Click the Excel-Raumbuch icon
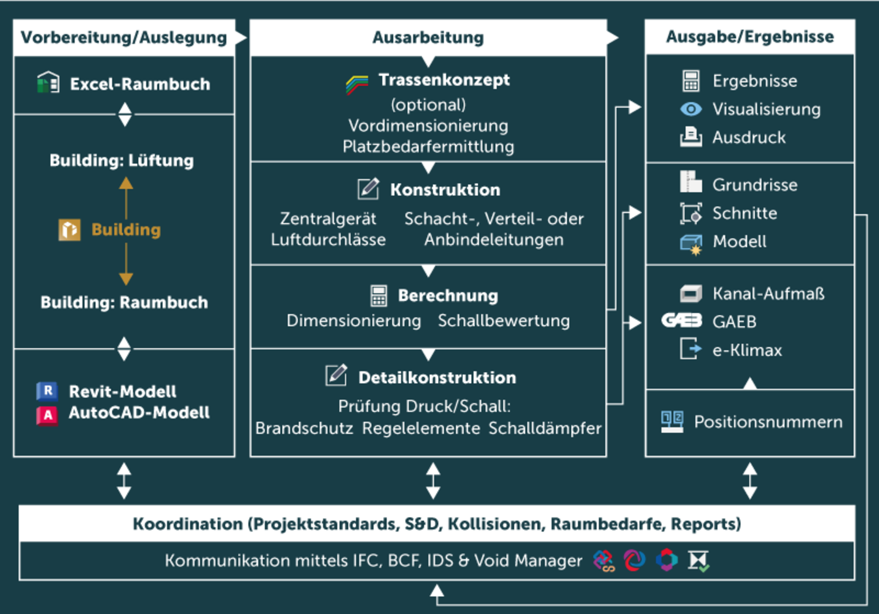click(x=48, y=82)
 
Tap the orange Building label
click(x=126, y=230)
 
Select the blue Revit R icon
click(x=47, y=391)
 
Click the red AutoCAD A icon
click(x=47, y=414)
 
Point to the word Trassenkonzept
click(x=444, y=80)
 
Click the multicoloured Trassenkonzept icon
click(x=357, y=84)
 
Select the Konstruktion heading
click(x=445, y=190)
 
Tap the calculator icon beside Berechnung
click(x=379, y=295)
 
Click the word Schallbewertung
click(x=504, y=321)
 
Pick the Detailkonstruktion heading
click(x=437, y=378)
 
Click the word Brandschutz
click(x=304, y=428)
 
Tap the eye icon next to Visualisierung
click(x=691, y=109)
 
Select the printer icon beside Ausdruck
click(x=691, y=137)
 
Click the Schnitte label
click(x=744, y=213)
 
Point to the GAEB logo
click(x=682, y=321)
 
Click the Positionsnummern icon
click(x=672, y=422)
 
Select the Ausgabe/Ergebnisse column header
click(x=750, y=37)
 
